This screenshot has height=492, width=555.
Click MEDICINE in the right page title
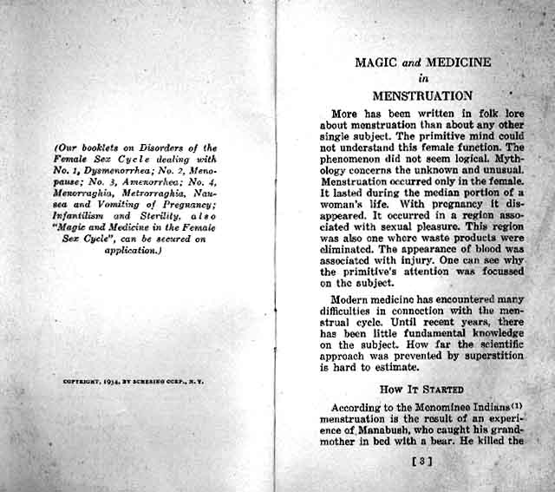456,62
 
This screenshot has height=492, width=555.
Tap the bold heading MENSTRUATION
422,95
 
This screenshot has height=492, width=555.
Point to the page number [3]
422,461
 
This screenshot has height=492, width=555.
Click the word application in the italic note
127,250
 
